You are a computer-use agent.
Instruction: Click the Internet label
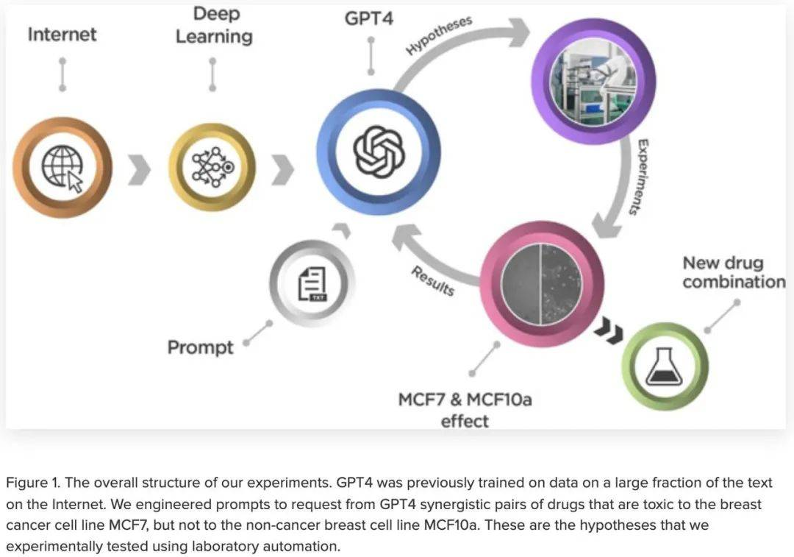point(62,35)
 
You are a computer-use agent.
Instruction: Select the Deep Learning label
point(214,25)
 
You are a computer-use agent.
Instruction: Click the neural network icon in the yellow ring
point(212,167)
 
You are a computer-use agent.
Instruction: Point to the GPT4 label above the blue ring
point(368,18)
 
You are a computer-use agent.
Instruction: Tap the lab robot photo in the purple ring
point(593,82)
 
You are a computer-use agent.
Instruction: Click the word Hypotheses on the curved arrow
point(439,35)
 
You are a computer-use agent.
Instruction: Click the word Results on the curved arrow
point(432,281)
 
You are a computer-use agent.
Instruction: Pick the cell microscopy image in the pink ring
point(541,284)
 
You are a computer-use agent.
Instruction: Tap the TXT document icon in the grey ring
point(312,284)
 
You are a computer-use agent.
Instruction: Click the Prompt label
point(201,348)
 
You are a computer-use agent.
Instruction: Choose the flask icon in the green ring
point(665,366)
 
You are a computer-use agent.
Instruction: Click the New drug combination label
point(734,272)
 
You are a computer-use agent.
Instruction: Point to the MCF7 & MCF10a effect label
point(465,410)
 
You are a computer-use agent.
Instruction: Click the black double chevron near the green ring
point(609,330)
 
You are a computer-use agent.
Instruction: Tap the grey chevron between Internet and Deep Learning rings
point(139,170)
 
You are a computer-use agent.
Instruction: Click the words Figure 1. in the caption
point(33,483)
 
